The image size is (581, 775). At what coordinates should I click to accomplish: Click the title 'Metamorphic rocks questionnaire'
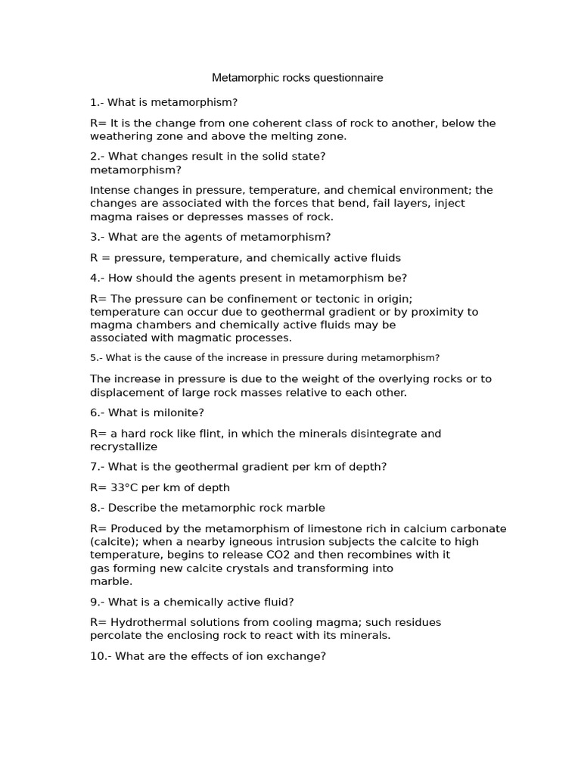(x=297, y=78)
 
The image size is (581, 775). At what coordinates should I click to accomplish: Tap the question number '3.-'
(x=98, y=237)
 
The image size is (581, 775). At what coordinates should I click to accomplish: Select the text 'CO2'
(x=267, y=555)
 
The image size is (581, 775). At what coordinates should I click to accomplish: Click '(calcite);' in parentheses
(x=114, y=542)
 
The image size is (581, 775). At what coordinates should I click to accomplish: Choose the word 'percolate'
(x=116, y=636)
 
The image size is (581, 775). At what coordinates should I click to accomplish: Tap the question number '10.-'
(x=101, y=656)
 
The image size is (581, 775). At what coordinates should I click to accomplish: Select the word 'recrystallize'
(x=124, y=447)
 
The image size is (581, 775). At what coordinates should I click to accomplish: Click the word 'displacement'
(x=126, y=392)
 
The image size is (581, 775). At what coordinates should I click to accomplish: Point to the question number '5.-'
(x=96, y=358)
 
